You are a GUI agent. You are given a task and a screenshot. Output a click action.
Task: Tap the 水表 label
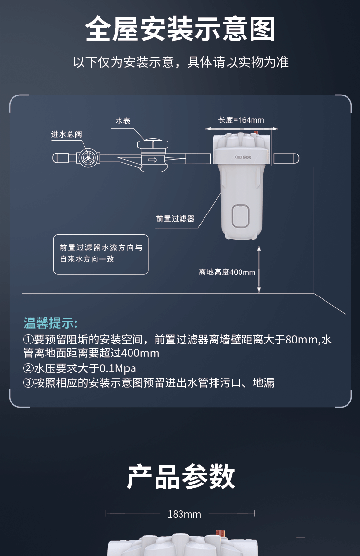click(x=123, y=121)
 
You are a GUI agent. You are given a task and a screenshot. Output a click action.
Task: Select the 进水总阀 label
click(x=66, y=134)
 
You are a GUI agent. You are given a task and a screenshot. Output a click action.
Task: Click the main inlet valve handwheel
click(x=86, y=158)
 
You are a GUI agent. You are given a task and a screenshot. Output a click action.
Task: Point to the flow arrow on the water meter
click(x=153, y=160)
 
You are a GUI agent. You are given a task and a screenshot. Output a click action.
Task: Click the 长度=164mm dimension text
click(x=241, y=120)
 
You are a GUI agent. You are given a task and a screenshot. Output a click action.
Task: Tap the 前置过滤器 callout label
click(x=175, y=219)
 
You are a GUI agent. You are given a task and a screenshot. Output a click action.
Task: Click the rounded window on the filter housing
click(x=240, y=216)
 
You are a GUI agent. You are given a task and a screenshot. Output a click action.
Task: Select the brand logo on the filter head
click(x=243, y=157)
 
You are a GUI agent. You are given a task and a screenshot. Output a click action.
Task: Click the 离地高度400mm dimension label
click(x=227, y=272)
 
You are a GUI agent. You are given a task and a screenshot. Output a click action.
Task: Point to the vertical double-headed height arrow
click(x=259, y=269)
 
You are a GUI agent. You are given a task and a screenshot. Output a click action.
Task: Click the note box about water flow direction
click(x=101, y=254)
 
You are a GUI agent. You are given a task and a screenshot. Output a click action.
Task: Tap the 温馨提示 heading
click(x=50, y=323)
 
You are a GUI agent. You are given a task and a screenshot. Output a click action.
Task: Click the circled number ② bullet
click(x=28, y=368)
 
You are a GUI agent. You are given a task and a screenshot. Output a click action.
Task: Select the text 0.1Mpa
click(x=118, y=368)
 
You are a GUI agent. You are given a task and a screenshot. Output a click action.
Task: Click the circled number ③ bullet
click(x=28, y=383)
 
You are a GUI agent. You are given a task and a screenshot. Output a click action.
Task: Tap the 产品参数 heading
click(x=181, y=477)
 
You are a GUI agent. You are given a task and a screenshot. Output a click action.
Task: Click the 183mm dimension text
click(x=184, y=514)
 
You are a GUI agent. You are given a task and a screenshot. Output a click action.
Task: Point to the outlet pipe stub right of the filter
click(x=286, y=158)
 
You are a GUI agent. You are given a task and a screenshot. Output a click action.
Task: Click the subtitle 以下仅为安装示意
click(x=124, y=62)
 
